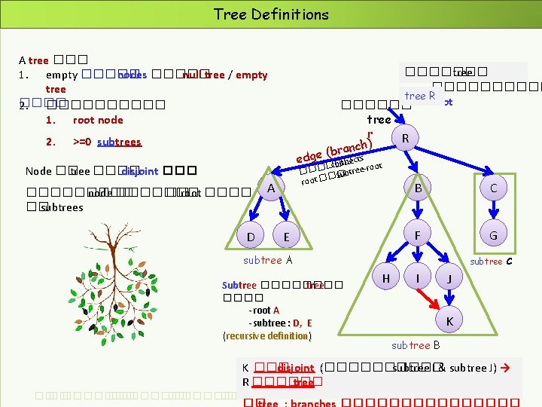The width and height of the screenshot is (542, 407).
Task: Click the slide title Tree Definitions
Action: point(271,14)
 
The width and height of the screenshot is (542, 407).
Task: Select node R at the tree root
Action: point(406,139)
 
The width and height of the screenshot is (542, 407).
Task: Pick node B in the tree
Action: point(418,188)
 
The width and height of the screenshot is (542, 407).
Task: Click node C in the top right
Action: point(493,188)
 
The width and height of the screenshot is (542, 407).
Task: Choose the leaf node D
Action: point(251,237)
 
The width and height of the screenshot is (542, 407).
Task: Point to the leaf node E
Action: point(286,237)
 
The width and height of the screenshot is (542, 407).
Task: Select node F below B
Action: point(417,235)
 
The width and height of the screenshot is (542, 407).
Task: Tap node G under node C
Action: point(493,235)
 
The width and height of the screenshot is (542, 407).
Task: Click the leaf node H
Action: point(386,278)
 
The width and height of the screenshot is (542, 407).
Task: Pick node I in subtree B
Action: point(417,278)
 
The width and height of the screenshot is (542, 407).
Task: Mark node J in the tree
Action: point(449,278)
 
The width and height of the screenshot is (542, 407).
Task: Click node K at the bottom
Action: point(449,321)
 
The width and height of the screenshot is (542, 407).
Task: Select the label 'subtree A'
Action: point(267,260)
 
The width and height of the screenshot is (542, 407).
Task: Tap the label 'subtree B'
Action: point(416,345)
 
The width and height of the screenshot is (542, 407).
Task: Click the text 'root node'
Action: point(98,120)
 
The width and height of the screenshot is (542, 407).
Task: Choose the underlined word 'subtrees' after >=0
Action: point(119,142)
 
